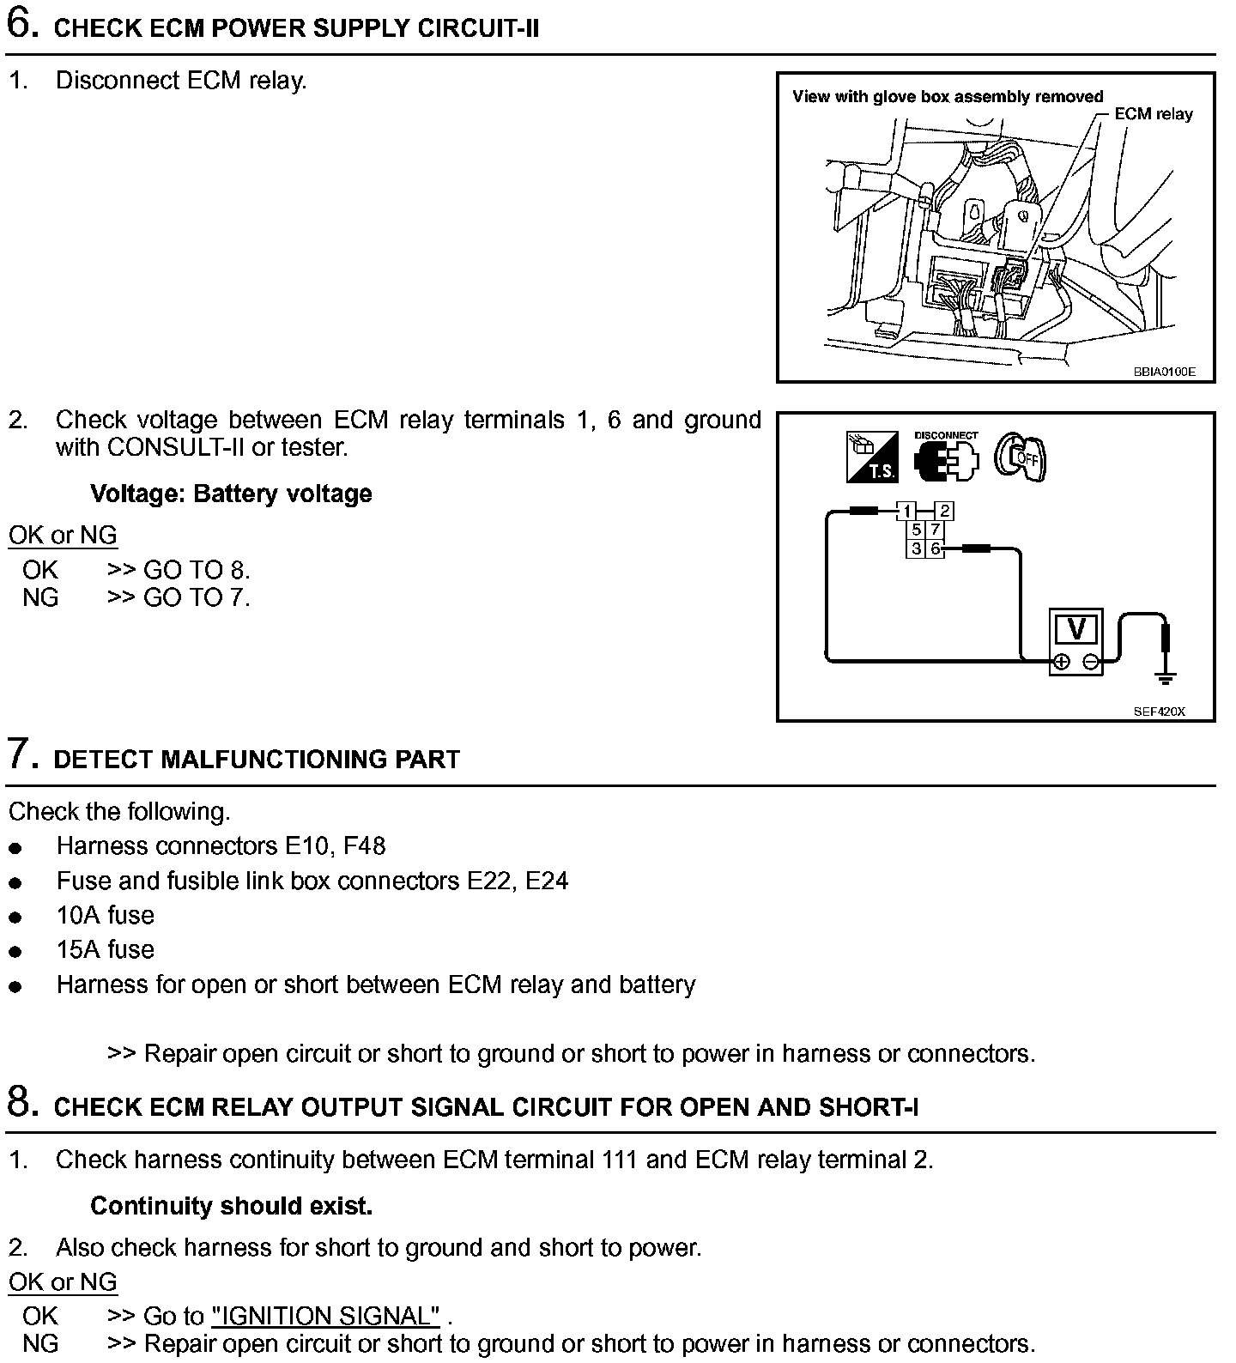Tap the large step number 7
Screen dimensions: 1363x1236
(x=22, y=754)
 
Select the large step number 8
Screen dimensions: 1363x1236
(x=22, y=1103)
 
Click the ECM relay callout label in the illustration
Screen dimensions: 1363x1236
(x=1153, y=114)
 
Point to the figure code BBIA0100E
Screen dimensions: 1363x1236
(x=1163, y=373)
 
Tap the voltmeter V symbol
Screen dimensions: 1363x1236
(x=1076, y=630)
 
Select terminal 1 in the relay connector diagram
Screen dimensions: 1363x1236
(x=906, y=512)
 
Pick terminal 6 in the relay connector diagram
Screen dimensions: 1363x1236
(x=936, y=548)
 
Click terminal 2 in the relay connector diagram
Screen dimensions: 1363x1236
(x=944, y=512)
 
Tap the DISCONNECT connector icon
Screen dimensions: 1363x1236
(x=947, y=457)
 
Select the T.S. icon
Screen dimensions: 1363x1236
(x=872, y=457)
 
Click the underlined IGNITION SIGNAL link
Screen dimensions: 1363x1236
(x=326, y=1316)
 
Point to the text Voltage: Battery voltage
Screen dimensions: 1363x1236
(x=231, y=494)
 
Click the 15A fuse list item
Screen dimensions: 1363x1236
(x=106, y=949)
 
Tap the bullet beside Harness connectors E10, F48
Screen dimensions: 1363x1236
(x=15, y=848)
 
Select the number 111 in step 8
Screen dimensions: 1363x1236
(x=618, y=1160)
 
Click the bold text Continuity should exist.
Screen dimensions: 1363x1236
(x=231, y=1206)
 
